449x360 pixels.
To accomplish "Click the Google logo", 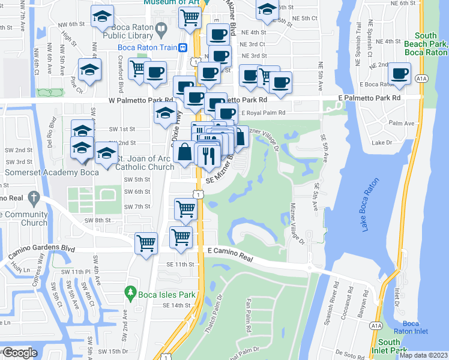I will [x=19, y=353].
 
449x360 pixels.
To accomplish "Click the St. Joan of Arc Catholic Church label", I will [x=145, y=163].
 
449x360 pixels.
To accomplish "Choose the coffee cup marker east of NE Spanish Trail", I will [x=399, y=75].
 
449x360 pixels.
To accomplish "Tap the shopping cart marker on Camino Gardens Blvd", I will [x=146, y=244].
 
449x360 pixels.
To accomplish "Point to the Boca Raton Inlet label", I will [x=411, y=327].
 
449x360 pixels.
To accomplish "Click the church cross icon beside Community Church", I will [x=35, y=197].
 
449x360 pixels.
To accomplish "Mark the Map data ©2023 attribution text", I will [x=423, y=355].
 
